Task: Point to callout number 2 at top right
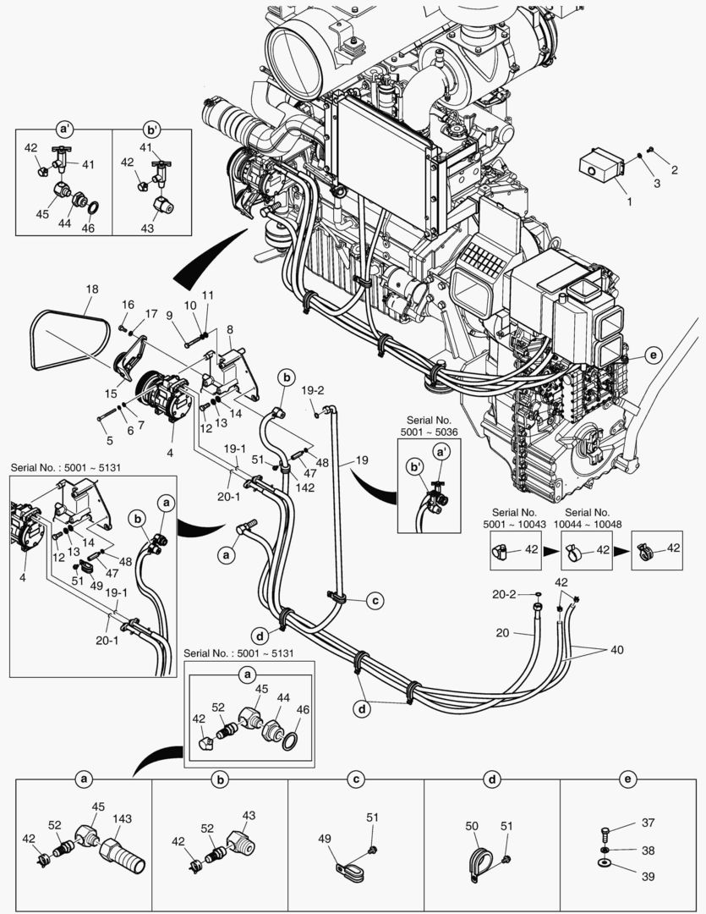(674, 170)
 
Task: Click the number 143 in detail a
(123, 819)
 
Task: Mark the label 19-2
(314, 391)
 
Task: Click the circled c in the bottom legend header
(356, 778)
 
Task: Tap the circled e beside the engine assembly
(652, 355)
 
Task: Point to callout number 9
(169, 316)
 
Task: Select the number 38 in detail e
(648, 850)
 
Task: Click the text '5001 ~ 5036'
(429, 432)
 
